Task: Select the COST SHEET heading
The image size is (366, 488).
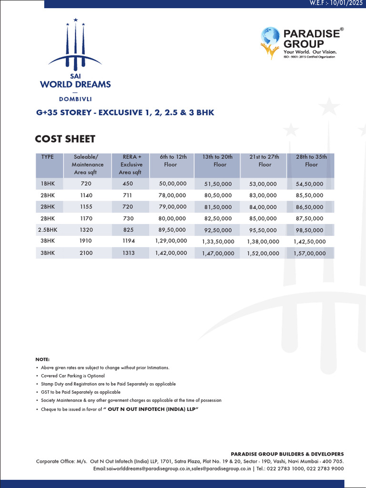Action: (x=65, y=139)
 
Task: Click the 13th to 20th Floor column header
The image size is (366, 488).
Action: (x=217, y=161)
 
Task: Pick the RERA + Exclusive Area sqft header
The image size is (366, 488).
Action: (x=130, y=164)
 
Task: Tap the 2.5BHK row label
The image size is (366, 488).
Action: (x=47, y=230)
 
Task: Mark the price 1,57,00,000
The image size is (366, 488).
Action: (x=310, y=254)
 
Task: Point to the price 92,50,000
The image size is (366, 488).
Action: (x=218, y=230)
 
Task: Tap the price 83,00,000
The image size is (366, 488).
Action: (x=263, y=195)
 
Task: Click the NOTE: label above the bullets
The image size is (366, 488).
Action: (x=42, y=359)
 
